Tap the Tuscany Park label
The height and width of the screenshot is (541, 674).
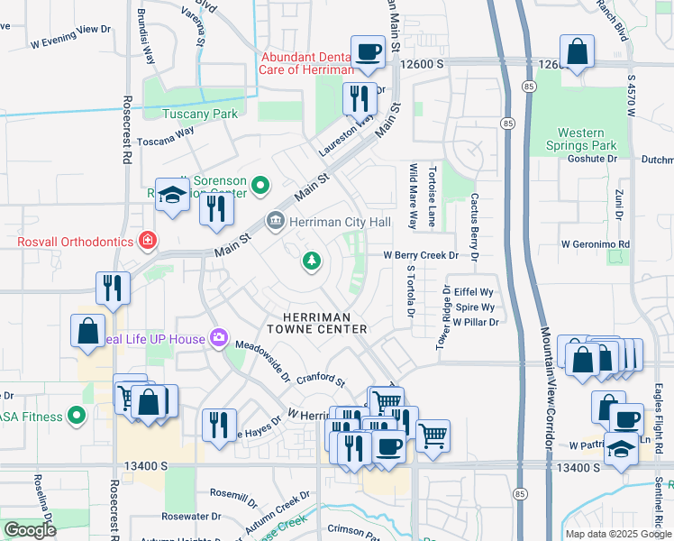point(199,115)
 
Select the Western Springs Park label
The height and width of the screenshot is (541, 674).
point(580,139)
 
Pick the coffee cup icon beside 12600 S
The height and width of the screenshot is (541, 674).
point(368,53)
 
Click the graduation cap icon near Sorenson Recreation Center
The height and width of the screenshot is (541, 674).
point(171,195)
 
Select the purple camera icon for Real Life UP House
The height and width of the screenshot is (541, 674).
point(217,338)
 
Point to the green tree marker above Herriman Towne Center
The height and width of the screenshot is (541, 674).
point(312,261)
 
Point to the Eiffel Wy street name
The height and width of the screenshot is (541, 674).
point(473,291)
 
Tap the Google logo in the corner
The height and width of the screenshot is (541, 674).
point(31,530)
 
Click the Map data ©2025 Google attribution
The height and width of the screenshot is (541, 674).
point(618,534)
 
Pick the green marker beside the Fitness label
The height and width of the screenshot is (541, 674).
point(77,417)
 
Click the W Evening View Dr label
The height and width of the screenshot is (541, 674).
point(69,42)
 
